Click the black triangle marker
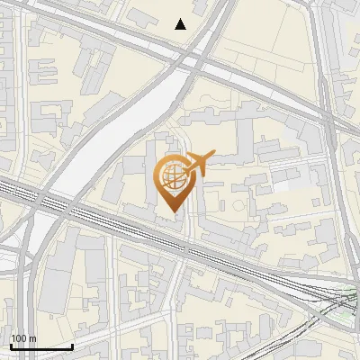(x=181, y=24)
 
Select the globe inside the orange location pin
(x=172, y=176)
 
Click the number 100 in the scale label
(x=19, y=338)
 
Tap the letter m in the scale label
(x=32, y=338)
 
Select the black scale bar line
(x=41, y=346)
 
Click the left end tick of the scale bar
(x=11, y=345)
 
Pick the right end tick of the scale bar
(x=73, y=345)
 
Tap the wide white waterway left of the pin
(x=108, y=144)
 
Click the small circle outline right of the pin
(x=238, y=202)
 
